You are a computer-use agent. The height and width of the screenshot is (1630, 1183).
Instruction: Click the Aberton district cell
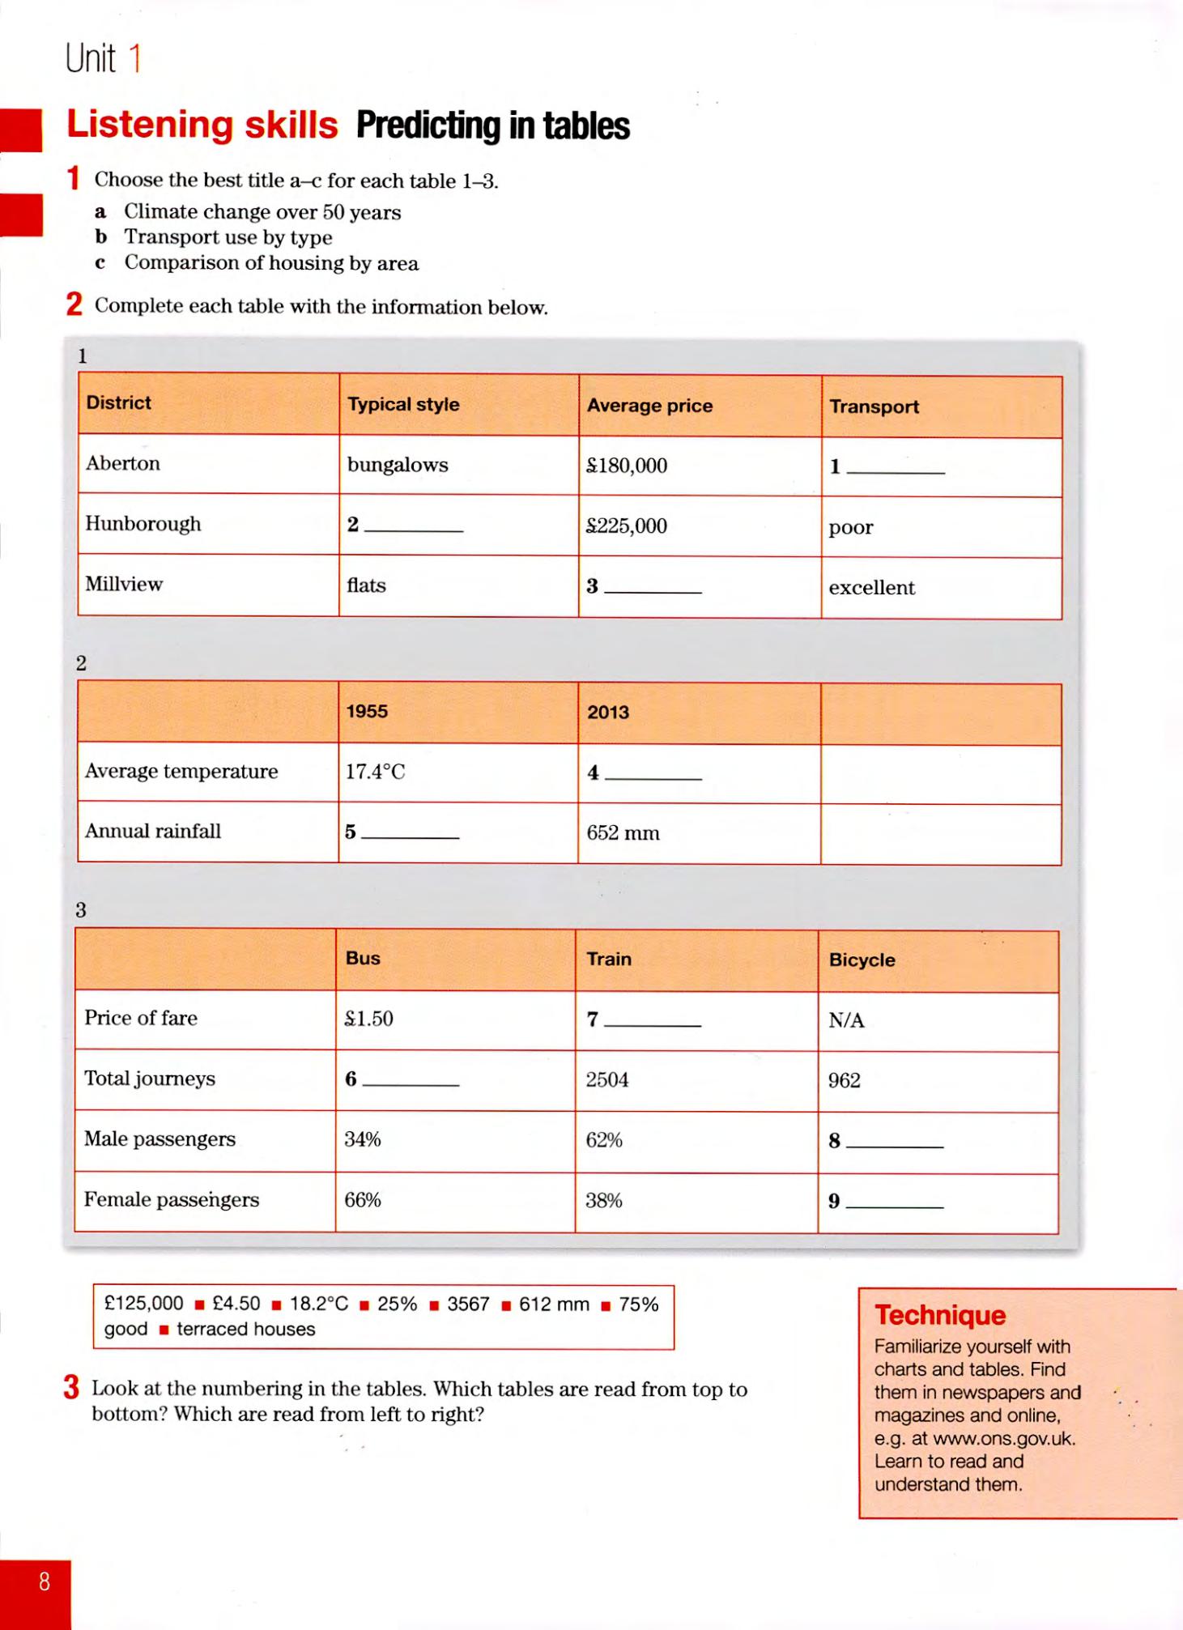coord(123,463)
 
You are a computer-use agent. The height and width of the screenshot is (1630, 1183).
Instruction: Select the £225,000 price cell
coord(627,526)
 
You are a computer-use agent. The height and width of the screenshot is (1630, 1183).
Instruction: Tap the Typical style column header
coord(403,404)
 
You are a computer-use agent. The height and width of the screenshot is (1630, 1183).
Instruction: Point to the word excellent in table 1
coord(871,588)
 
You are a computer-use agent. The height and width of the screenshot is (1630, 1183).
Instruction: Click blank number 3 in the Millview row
coord(645,587)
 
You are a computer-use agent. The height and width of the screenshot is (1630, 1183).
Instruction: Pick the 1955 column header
coord(367,711)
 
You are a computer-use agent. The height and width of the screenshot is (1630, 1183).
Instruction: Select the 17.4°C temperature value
coord(375,772)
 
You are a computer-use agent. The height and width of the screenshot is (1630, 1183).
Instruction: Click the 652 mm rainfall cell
coord(623,833)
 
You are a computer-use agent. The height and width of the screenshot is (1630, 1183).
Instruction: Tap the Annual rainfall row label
coord(153,831)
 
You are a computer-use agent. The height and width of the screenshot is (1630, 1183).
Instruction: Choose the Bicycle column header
coord(862,960)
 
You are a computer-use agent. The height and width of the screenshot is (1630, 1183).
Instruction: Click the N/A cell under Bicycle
coord(846,1020)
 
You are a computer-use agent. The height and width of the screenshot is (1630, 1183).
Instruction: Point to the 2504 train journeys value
coord(606,1079)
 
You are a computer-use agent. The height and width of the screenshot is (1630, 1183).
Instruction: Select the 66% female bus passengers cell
coord(362,1199)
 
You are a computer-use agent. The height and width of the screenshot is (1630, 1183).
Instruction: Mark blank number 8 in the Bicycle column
coord(886,1141)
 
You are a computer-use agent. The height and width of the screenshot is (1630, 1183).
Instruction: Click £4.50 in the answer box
coord(236,1304)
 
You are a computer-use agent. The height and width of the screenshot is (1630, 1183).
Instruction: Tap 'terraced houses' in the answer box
coord(245,1329)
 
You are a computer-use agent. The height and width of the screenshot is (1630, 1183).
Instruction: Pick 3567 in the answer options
coord(468,1304)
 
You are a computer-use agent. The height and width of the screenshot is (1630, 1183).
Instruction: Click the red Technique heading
coord(939,1315)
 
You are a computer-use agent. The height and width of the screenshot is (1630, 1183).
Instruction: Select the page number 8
coord(45,1581)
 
